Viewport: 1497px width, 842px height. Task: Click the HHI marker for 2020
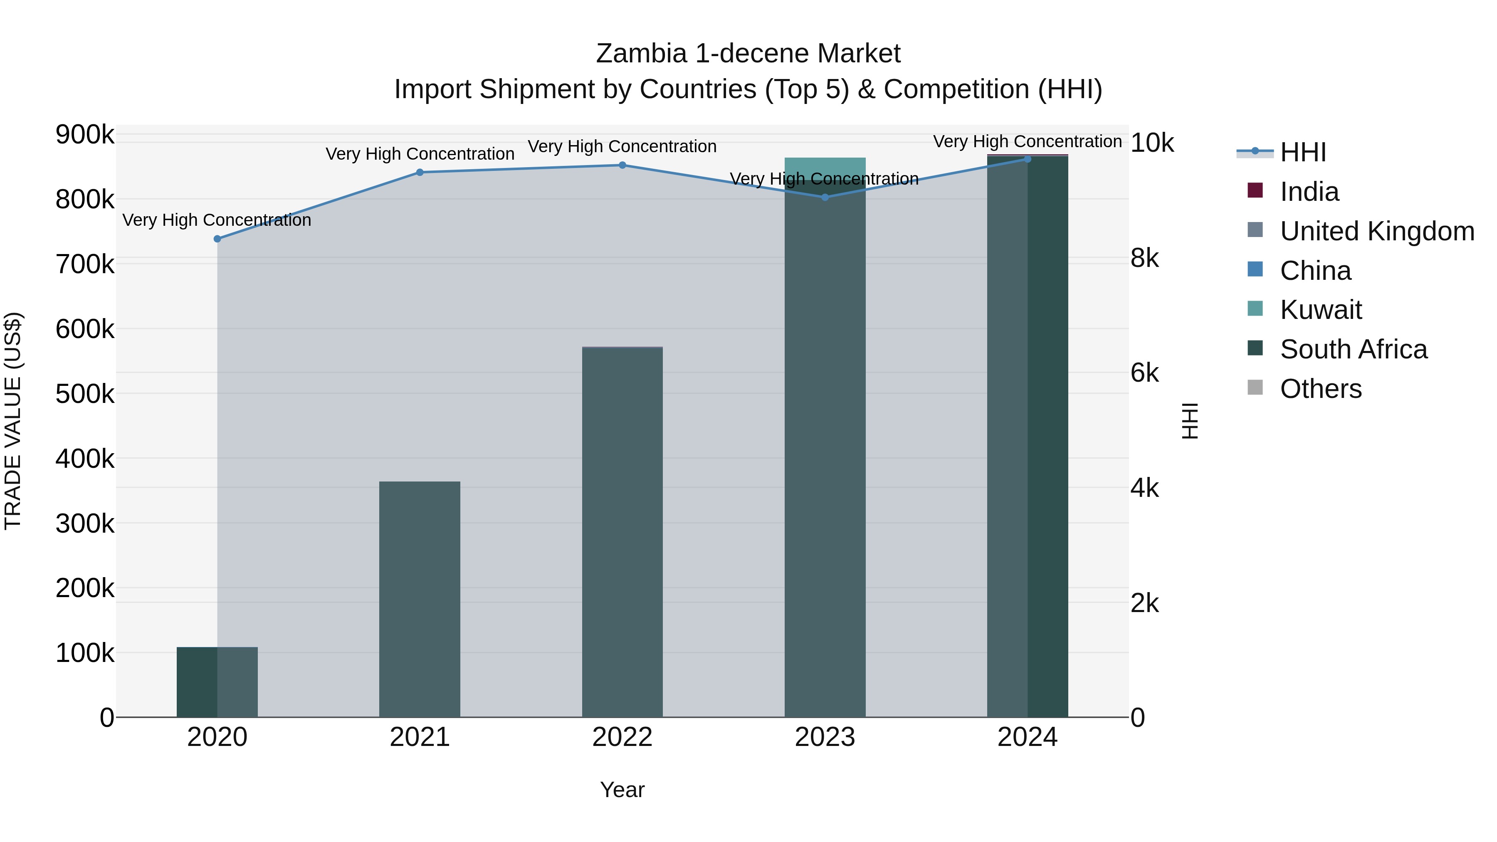(217, 239)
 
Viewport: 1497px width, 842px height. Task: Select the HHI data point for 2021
(420, 172)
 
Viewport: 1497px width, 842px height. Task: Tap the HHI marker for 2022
(623, 165)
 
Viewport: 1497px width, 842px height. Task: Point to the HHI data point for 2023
(825, 197)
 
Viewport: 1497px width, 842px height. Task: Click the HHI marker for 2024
(1028, 159)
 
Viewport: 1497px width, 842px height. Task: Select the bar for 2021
(420, 598)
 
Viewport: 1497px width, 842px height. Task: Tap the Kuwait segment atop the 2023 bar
(825, 165)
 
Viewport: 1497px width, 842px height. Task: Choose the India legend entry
(1309, 192)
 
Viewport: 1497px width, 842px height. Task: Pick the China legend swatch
(1256, 269)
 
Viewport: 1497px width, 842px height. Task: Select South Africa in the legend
(1353, 349)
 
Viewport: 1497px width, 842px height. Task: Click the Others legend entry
(1320, 389)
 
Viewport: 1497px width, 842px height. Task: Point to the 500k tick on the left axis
(85, 394)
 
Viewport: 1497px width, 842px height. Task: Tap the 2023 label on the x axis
(825, 737)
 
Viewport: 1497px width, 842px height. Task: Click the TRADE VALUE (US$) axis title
(13, 421)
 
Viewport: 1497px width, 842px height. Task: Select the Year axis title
(623, 790)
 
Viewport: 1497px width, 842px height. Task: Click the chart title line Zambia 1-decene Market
(748, 54)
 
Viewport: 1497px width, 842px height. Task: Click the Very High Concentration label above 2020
(217, 220)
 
